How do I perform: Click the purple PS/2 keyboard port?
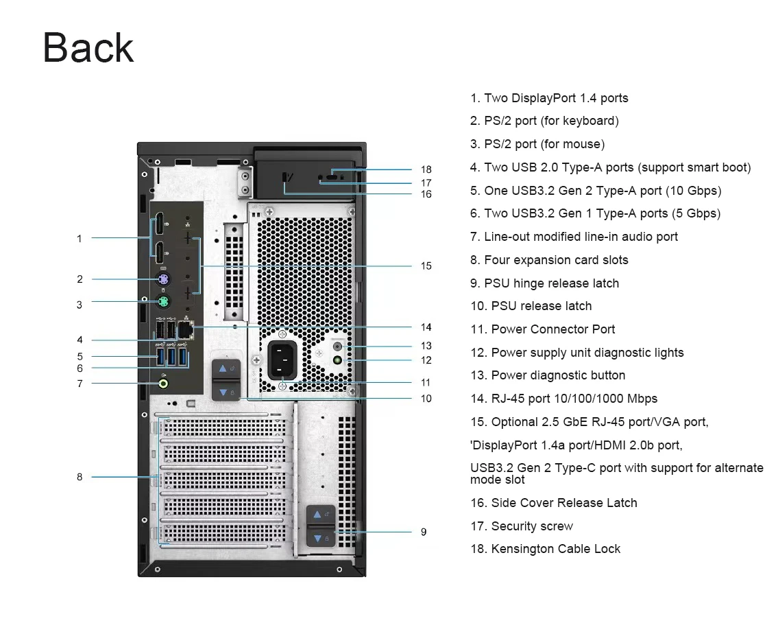164,279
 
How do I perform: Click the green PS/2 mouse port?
164,301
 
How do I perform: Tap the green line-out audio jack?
163,384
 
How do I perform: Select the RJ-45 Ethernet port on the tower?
185,329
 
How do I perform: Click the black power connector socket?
282,360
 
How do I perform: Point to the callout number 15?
426,266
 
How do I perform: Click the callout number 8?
80,477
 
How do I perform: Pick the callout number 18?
426,169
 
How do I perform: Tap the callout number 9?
424,532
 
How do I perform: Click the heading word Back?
88,48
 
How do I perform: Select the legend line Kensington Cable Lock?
546,549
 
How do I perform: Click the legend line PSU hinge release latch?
544,283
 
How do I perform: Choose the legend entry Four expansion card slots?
549,260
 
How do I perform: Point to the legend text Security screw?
522,526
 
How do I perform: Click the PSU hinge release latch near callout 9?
321,526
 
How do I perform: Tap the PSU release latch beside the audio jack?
226,380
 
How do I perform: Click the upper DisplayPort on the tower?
159,224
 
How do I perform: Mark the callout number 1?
80,239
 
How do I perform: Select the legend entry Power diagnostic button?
548,375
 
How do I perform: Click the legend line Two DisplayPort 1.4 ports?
549,98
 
